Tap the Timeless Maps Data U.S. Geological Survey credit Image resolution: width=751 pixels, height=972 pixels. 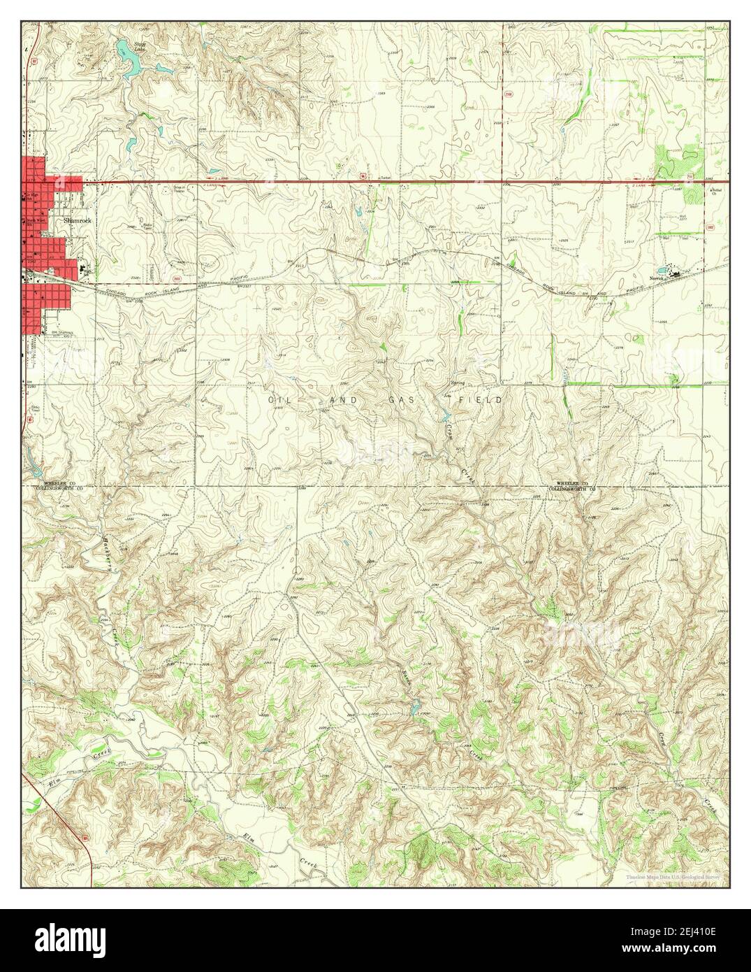675,875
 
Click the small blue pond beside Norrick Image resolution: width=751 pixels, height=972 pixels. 661,269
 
